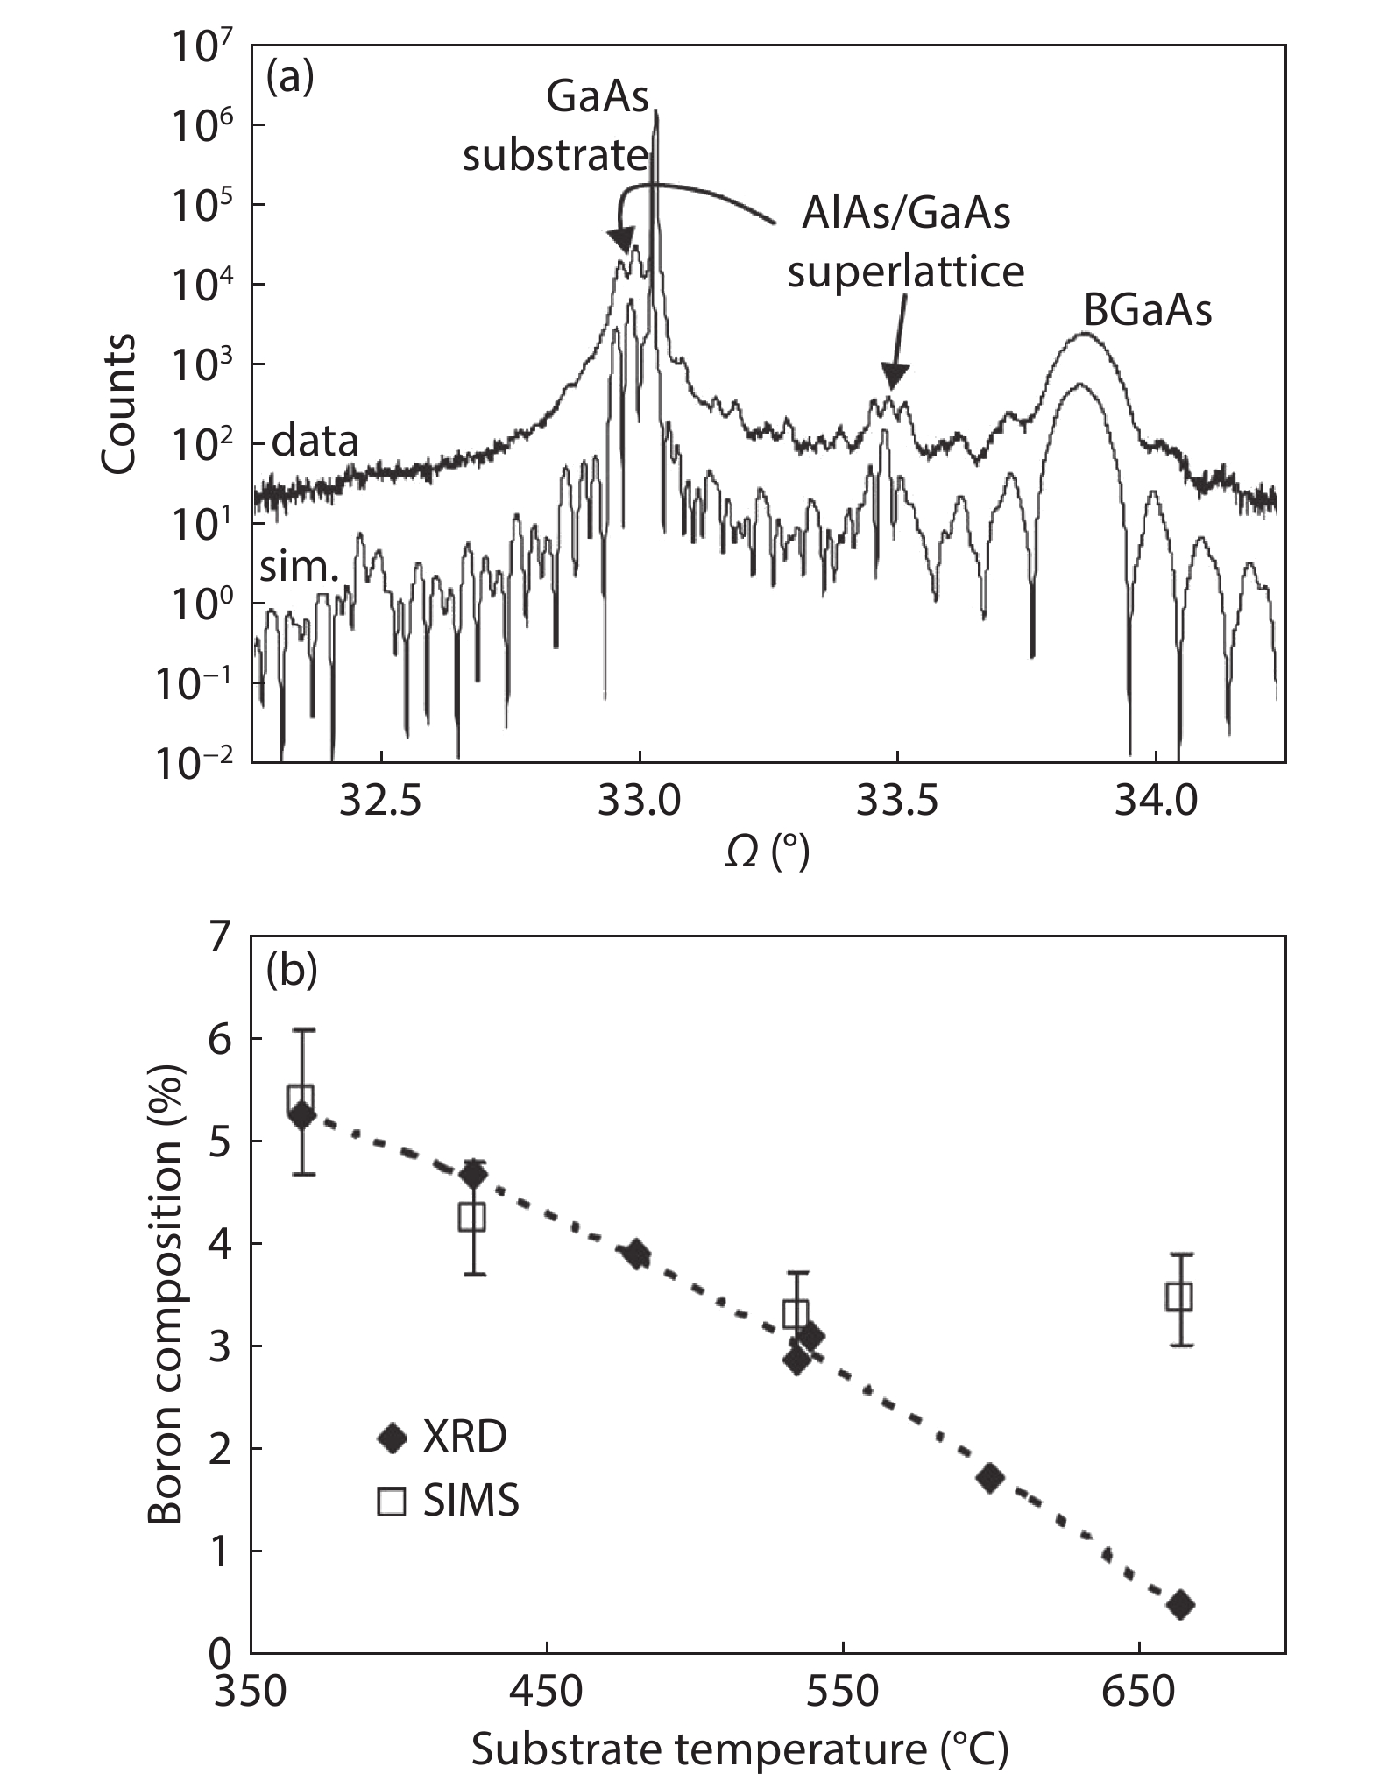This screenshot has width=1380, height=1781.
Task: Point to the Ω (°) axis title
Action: (768, 852)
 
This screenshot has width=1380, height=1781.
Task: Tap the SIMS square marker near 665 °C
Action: (1179, 1297)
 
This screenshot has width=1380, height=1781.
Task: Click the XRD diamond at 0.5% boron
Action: (1180, 1605)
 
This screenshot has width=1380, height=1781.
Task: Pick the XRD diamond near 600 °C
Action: (990, 1479)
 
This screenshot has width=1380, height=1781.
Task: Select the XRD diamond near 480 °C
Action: (637, 1254)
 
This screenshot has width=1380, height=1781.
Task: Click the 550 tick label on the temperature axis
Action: (842, 1693)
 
